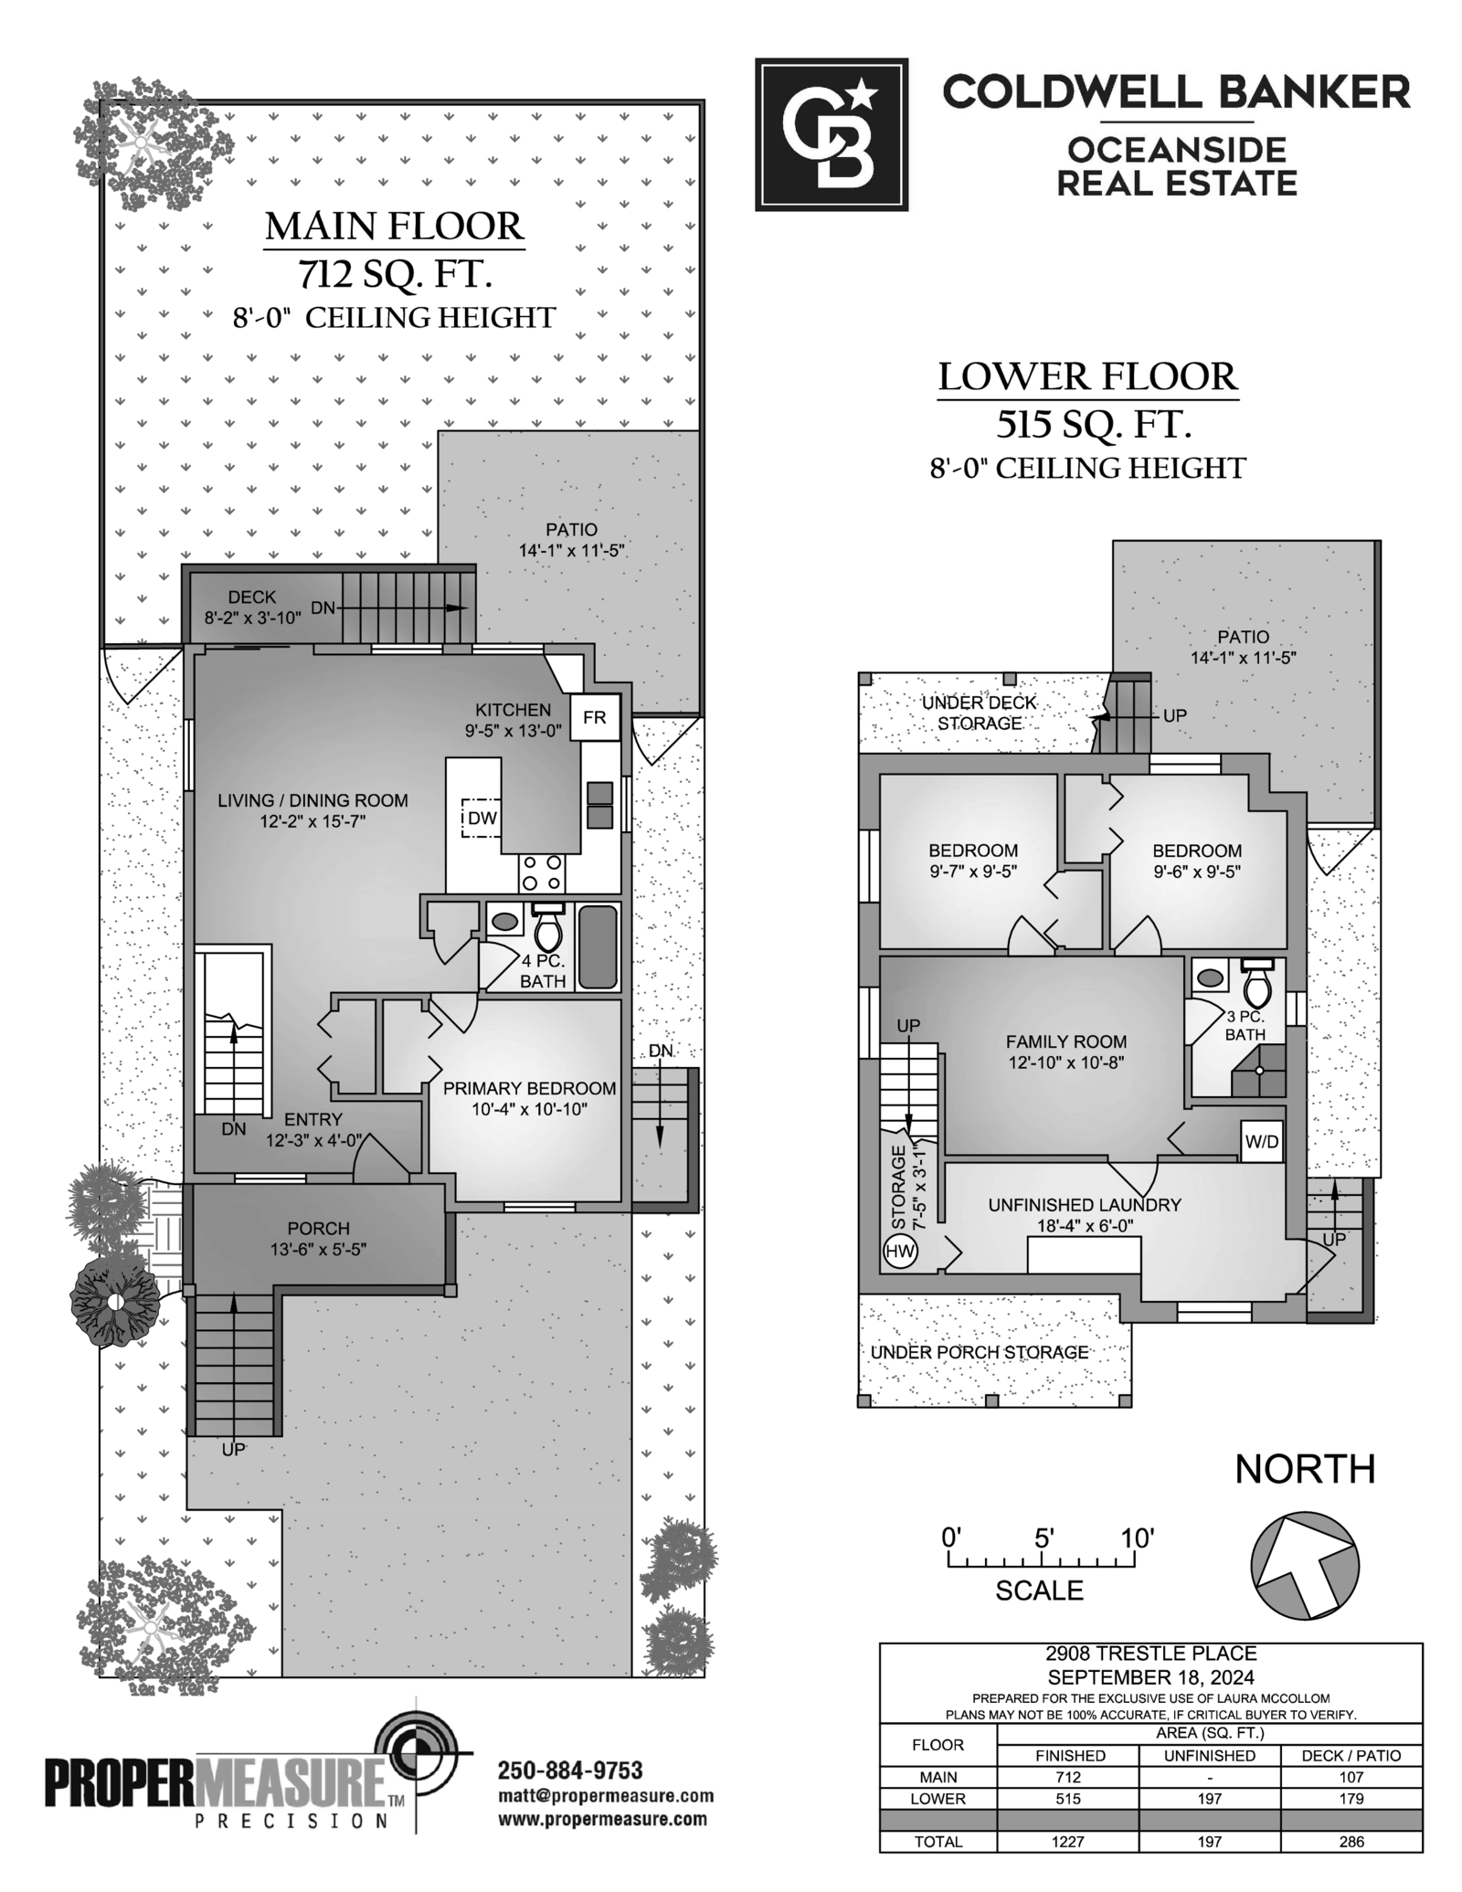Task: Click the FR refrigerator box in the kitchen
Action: [x=595, y=717]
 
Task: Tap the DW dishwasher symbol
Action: [x=482, y=818]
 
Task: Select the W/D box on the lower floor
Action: [x=1262, y=1141]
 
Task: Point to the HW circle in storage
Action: [x=900, y=1252]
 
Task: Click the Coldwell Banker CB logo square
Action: [x=832, y=134]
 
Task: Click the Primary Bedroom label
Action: [x=529, y=1098]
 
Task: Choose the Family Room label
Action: [x=1066, y=1052]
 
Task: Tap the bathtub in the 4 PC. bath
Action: [x=598, y=947]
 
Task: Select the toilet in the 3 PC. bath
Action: [x=1258, y=984]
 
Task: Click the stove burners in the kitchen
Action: [x=542, y=872]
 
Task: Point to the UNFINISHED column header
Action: [x=1210, y=1755]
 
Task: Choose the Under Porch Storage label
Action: [x=980, y=1352]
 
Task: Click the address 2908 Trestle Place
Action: [x=1151, y=1654]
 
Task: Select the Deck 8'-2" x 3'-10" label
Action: [x=252, y=608]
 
